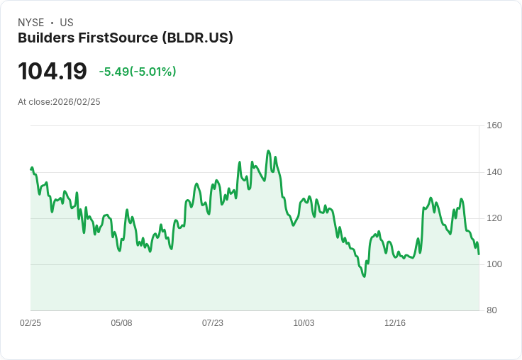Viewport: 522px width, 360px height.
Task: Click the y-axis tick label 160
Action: [x=494, y=125]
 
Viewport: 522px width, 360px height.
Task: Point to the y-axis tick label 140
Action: [x=494, y=172]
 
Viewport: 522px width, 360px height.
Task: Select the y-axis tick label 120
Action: [x=494, y=218]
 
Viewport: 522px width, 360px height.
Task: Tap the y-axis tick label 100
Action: [x=494, y=264]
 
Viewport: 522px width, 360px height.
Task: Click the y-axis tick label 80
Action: [x=492, y=310]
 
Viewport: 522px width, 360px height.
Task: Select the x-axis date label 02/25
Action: [x=30, y=323]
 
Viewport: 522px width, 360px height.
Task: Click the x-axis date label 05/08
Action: [x=121, y=323]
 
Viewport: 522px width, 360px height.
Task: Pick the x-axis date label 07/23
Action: [x=213, y=323]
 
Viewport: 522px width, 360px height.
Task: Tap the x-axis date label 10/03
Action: [x=304, y=323]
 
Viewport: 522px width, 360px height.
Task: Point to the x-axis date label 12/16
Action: [x=395, y=323]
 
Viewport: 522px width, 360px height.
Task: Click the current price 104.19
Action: [x=52, y=72]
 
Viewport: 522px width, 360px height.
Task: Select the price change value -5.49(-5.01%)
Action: [x=138, y=72]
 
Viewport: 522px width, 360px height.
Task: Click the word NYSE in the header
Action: [x=31, y=23]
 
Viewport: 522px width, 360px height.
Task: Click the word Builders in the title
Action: [x=43, y=38]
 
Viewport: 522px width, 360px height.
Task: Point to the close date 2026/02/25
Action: [x=77, y=102]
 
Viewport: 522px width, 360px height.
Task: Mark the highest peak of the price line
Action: [x=268, y=151]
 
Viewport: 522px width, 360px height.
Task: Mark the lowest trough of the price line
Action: [x=365, y=276]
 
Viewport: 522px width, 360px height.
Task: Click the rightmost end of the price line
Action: [x=479, y=254]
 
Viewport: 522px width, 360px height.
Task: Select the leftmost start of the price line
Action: [x=31, y=169]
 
